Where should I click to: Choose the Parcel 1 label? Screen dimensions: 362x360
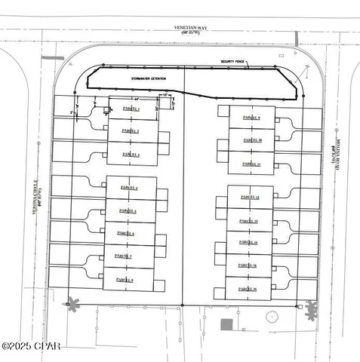coord(130,109)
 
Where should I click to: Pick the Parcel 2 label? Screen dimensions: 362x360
coord(130,131)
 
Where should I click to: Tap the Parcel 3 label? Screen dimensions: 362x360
coord(130,154)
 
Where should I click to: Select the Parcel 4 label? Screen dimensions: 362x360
coord(128,188)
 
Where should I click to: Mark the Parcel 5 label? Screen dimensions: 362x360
coord(128,210)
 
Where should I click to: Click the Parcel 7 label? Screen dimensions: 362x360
coord(124,256)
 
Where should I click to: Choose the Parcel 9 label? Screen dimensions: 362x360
coord(251,118)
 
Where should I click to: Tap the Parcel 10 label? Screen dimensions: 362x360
coord(251,140)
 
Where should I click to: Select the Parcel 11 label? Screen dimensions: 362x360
coord(251,163)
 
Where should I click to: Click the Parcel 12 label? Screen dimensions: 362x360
coord(250,197)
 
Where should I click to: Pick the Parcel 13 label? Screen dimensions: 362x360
coord(249,220)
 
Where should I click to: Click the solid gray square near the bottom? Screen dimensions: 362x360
coord(226,324)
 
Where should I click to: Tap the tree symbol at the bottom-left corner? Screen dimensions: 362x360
coord(72,305)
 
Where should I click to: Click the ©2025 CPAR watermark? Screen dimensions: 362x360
coord(31,346)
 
